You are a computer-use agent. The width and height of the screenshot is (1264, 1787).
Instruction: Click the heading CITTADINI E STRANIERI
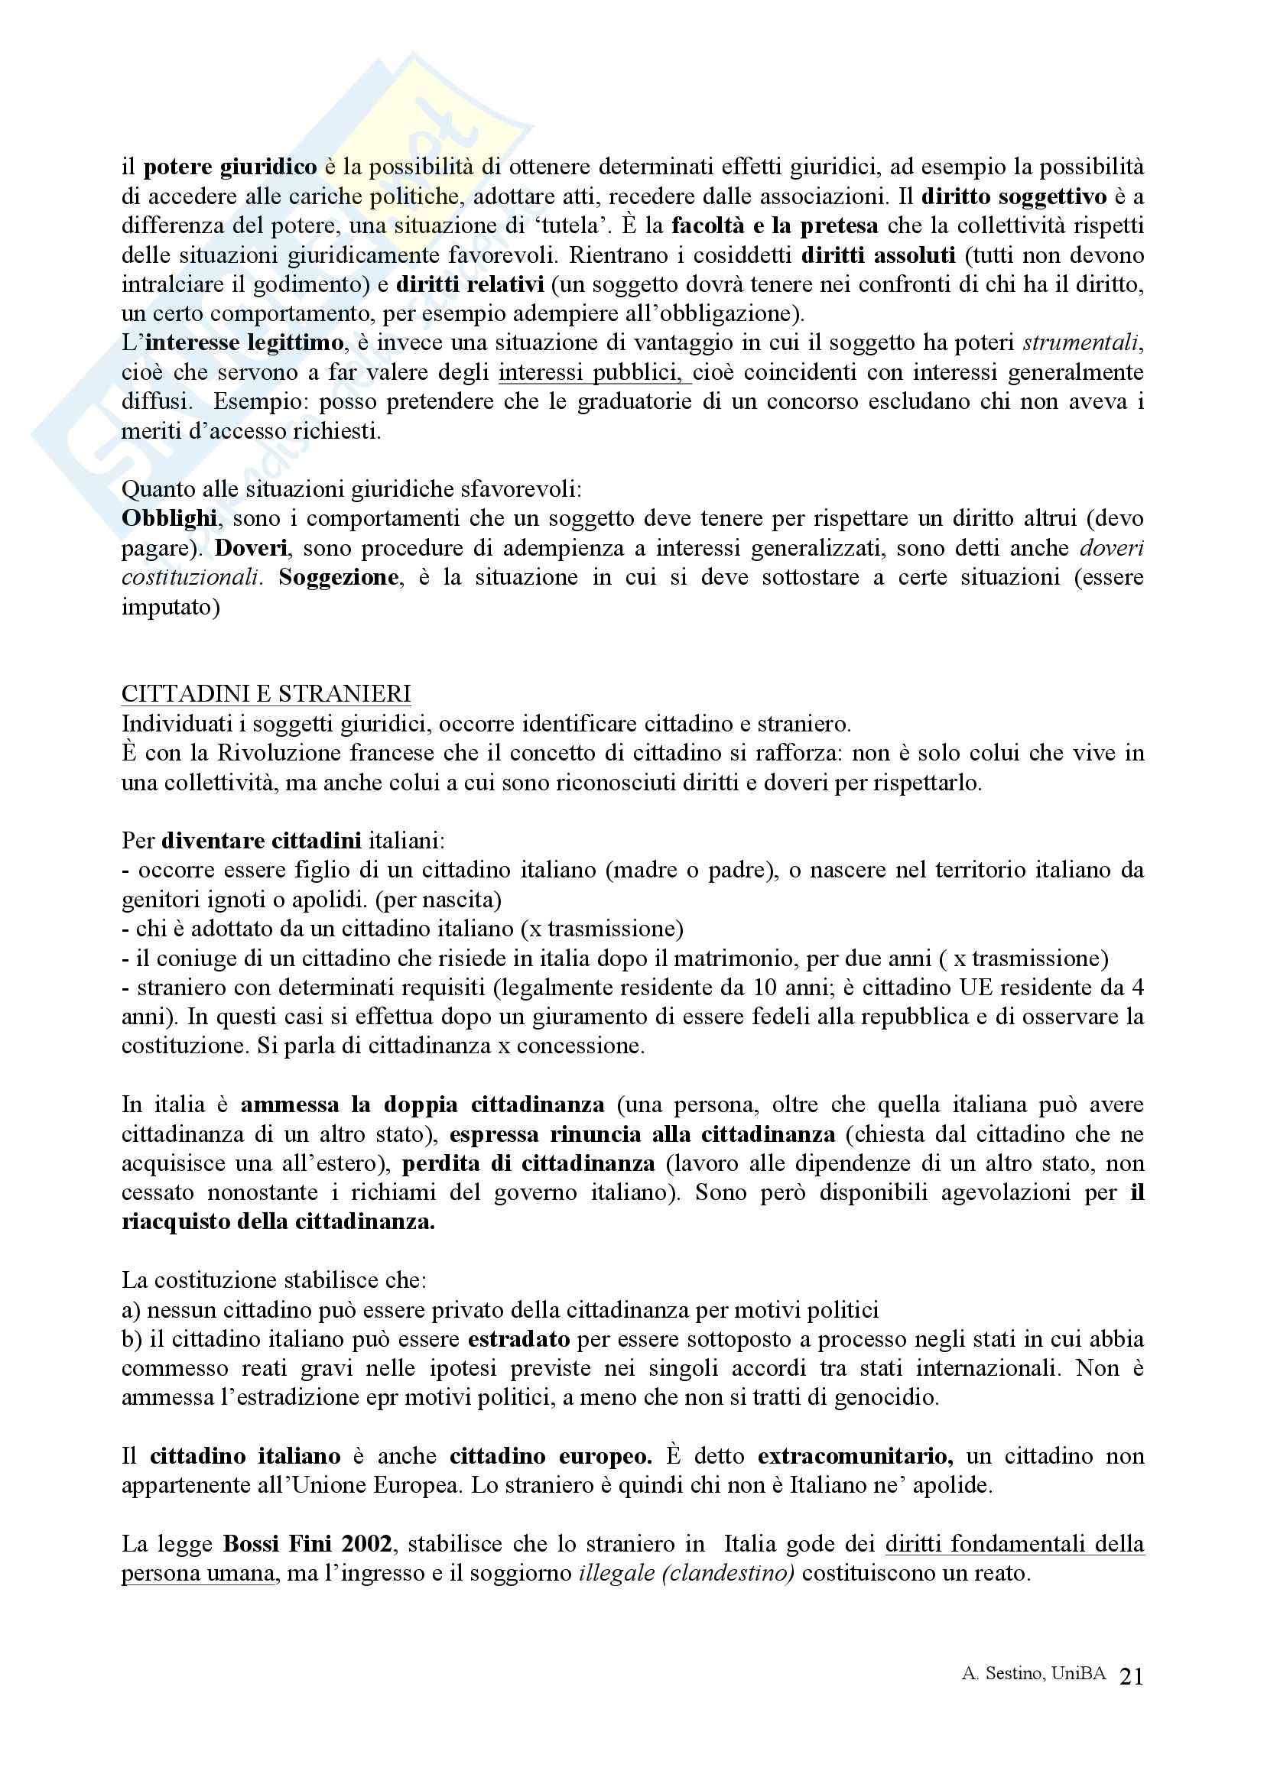[x=265, y=694]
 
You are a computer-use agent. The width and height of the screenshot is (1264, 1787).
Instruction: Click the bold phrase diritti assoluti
[x=878, y=255]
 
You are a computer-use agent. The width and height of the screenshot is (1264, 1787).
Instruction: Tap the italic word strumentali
[x=1083, y=343]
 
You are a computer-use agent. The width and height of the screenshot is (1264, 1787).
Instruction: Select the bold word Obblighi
[x=170, y=519]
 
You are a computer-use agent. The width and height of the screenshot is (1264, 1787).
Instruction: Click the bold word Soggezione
[x=338, y=578]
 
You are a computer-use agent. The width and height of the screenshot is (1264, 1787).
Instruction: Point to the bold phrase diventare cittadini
[x=261, y=842]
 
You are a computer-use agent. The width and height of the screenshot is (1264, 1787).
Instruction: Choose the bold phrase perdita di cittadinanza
[x=528, y=1163]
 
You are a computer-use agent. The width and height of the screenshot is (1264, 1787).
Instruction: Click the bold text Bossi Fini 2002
[x=307, y=1544]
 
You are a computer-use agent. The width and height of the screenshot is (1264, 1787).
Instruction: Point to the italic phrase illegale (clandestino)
[x=686, y=1574]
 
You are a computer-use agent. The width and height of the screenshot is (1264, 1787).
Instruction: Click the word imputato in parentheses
[x=166, y=607]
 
